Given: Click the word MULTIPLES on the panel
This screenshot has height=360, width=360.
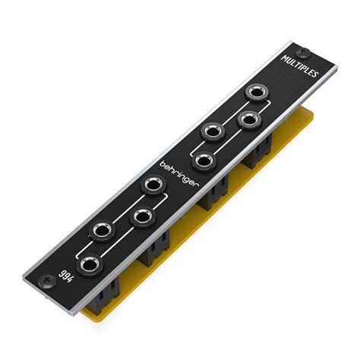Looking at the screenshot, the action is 299,66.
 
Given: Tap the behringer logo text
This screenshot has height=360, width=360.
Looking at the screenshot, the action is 179,174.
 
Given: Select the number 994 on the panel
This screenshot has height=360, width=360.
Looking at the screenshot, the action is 66,276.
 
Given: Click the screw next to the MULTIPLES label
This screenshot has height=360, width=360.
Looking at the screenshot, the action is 303,52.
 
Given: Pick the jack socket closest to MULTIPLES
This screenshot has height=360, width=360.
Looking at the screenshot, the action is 257,93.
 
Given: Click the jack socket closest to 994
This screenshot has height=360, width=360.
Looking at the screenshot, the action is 90,265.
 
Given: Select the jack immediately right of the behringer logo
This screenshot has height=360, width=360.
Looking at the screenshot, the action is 204,161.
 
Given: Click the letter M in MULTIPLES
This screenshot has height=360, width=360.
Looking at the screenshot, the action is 284,58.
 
